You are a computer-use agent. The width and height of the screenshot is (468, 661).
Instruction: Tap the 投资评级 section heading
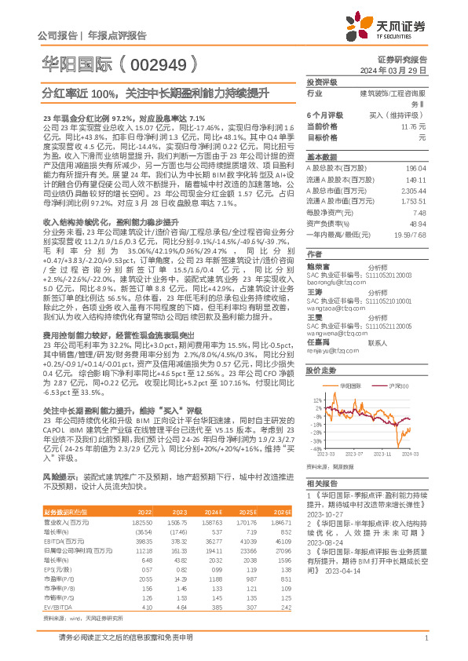pos(322,82)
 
